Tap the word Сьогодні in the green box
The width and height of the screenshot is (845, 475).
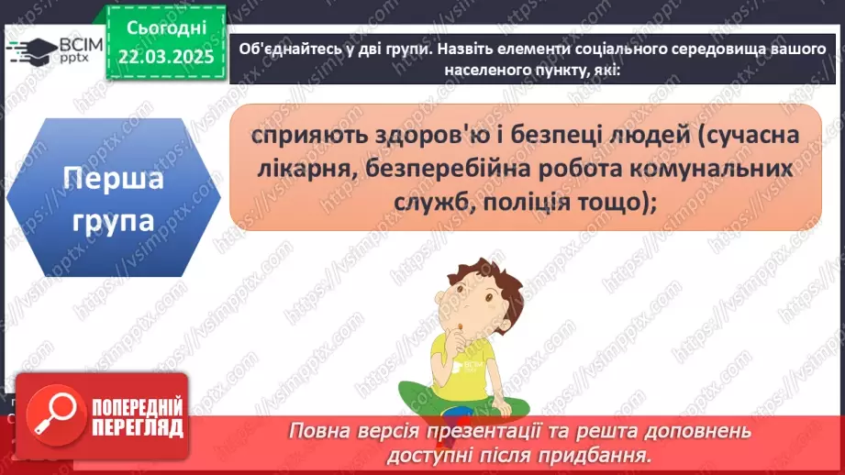pos(166,29)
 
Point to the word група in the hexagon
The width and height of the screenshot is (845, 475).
pos(113,221)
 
